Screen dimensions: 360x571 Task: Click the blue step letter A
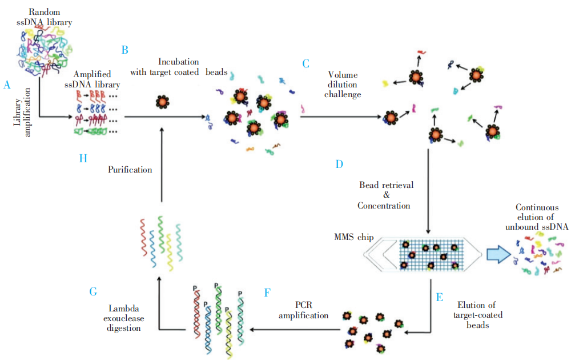[x=7, y=85]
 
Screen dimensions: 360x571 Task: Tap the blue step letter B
[x=124, y=50]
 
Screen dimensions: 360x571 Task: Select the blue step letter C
[x=306, y=63]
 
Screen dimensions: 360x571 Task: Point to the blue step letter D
[x=339, y=165]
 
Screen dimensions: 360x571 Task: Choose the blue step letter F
[x=267, y=293]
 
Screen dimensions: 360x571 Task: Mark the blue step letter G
[x=93, y=292]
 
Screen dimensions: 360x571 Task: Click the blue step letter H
[x=83, y=158]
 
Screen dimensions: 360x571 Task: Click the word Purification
[x=130, y=170]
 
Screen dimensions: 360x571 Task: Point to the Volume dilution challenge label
[x=343, y=85]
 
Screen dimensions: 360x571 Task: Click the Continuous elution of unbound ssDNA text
[x=537, y=217]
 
